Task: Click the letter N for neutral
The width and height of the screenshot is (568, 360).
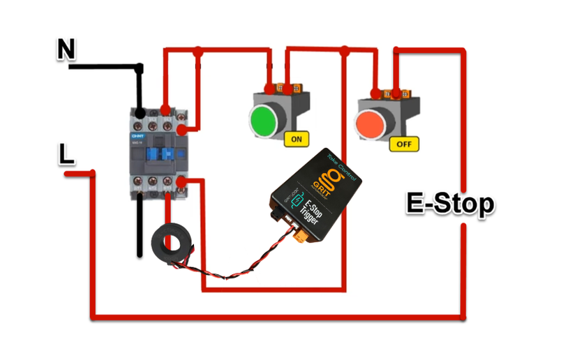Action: tap(66, 50)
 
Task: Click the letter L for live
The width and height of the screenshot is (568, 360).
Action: tap(66, 154)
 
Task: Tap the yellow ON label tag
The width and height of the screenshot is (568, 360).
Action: tap(297, 139)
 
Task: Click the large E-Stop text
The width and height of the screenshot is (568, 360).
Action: tap(450, 204)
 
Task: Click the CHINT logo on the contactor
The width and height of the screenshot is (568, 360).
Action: tap(137, 135)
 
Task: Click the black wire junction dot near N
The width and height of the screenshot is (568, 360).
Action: tap(140, 68)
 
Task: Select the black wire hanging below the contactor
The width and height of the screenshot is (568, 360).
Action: tap(140, 227)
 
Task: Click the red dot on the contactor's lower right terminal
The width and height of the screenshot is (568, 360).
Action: tap(181, 182)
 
